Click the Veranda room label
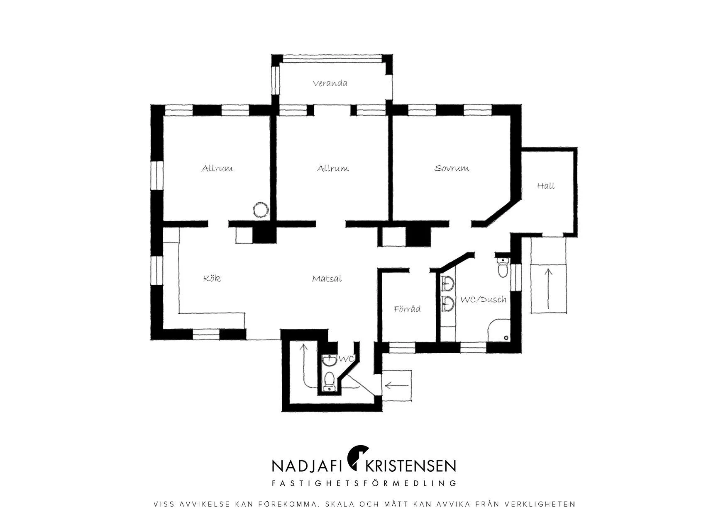pos(330,83)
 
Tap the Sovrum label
pos(452,168)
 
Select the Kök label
pos(212,278)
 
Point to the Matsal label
pos(327,279)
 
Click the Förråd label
pos(407,309)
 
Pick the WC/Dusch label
pos(483,299)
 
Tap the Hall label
pos(546,186)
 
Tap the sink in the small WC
pos(330,361)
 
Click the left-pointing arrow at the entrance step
pos(397,386)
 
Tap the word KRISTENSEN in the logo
pos(410,466)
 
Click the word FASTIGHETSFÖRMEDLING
pos(364,483)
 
